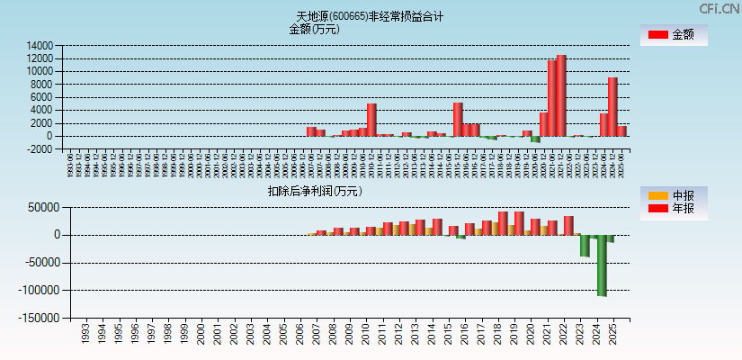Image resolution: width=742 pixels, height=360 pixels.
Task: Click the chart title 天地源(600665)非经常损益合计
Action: [370, 16]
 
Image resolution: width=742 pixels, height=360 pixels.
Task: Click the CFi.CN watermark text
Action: [719, 9]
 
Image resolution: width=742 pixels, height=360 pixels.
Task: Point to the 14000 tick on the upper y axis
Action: [40, 45]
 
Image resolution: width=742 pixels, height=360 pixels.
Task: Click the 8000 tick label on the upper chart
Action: [43, 84]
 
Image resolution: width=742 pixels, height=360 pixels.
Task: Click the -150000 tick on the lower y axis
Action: [39, 319]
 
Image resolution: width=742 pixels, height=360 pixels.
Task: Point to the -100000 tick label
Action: [39, 291]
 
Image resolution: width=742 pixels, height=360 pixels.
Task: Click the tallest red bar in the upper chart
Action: [562, 95]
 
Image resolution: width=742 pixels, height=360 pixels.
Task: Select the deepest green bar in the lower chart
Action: [602, 265]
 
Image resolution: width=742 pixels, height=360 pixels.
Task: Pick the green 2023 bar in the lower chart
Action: [585, 246]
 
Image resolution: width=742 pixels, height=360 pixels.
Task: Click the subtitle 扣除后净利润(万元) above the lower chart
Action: [315, 191]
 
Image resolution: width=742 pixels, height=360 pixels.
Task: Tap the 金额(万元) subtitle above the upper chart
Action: [314, 29]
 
